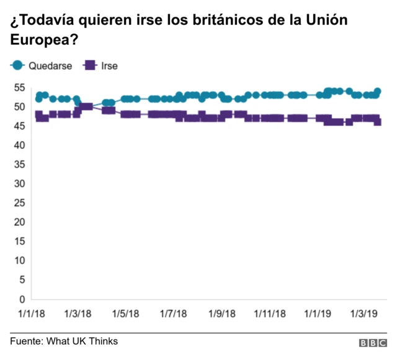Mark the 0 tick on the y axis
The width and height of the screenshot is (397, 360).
(x=20, y=299)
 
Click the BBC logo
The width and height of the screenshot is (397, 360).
(x=372, y=343)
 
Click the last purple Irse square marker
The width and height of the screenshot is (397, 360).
(x=377, y=122)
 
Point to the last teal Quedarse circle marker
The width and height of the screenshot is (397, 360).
(x=377, y=92)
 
